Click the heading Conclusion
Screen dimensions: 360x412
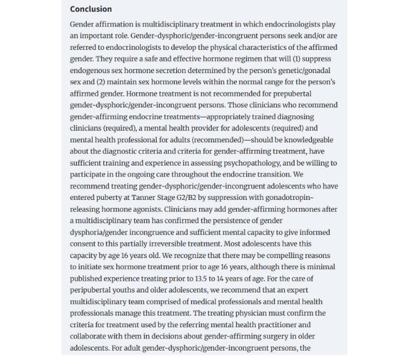[91, 9]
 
